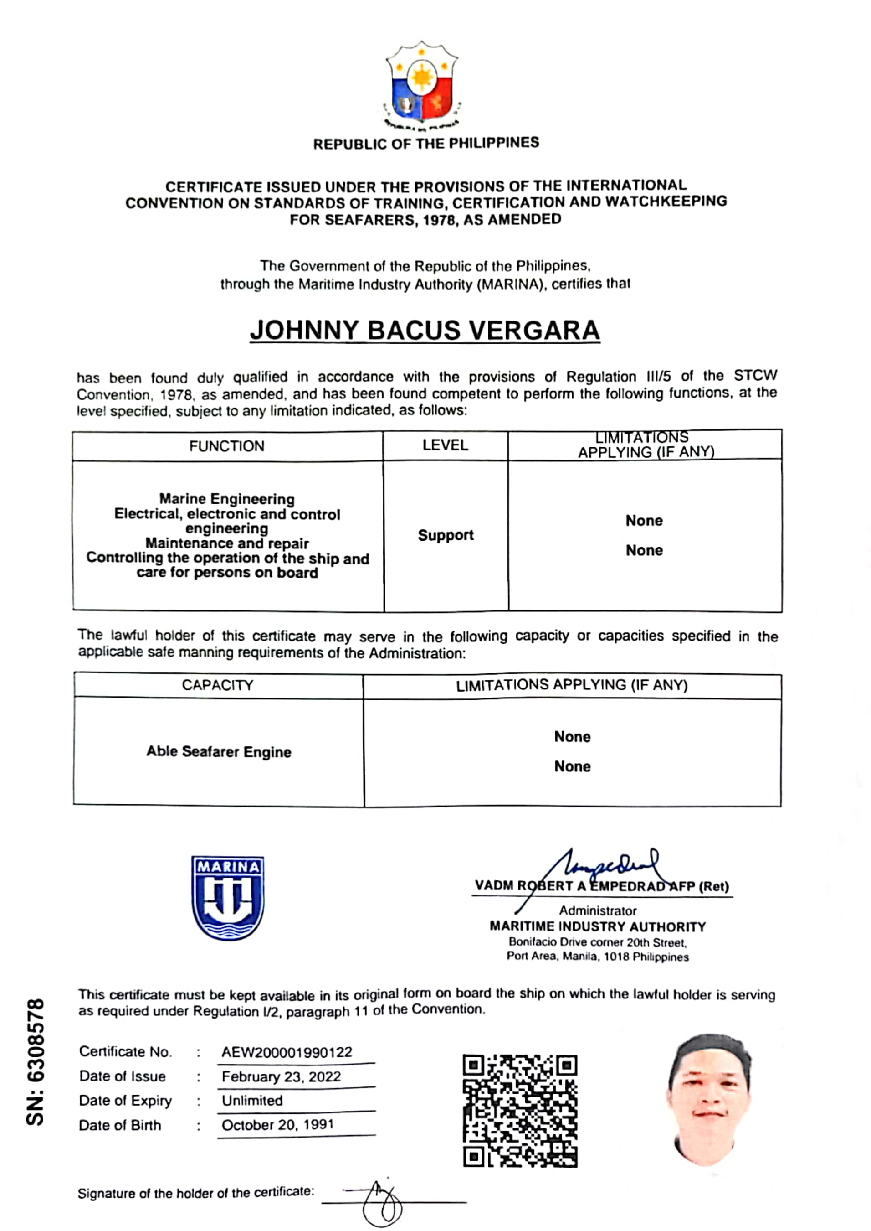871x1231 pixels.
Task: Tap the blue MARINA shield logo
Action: coord(227,897)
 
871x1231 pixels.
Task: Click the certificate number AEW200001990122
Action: coord(287,1052)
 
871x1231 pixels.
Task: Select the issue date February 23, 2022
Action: coord(281,1076)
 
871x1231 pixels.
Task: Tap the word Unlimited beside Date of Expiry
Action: coord(252,1101)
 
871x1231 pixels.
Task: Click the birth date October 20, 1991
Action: coord(278,1125)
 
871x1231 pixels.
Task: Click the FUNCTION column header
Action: coord(226,446)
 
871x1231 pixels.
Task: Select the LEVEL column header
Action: coord(445,445)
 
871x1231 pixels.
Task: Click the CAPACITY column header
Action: coord(217,685)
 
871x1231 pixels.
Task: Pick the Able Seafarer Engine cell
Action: coord(219,752)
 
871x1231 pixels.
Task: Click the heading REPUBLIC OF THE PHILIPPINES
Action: coord(426,144)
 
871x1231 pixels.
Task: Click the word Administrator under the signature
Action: coord(598,910)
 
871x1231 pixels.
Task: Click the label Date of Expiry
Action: coord(125,1101)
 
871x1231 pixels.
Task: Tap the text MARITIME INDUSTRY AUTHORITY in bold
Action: coord(598,927)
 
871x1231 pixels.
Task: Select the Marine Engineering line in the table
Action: coord(227,499)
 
